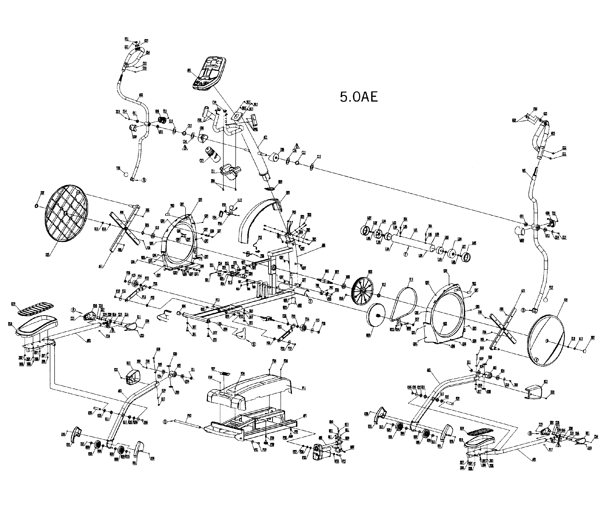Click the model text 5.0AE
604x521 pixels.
click(359, 97)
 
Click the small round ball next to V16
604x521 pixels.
click(126, 174)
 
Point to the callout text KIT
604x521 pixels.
click(240, 200)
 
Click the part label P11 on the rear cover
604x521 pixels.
click(304, 388)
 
